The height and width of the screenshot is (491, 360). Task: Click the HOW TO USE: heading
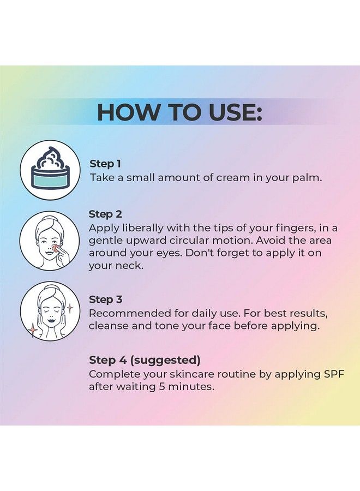(180, 112)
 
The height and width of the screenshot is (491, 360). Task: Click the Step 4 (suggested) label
(145, 360)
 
